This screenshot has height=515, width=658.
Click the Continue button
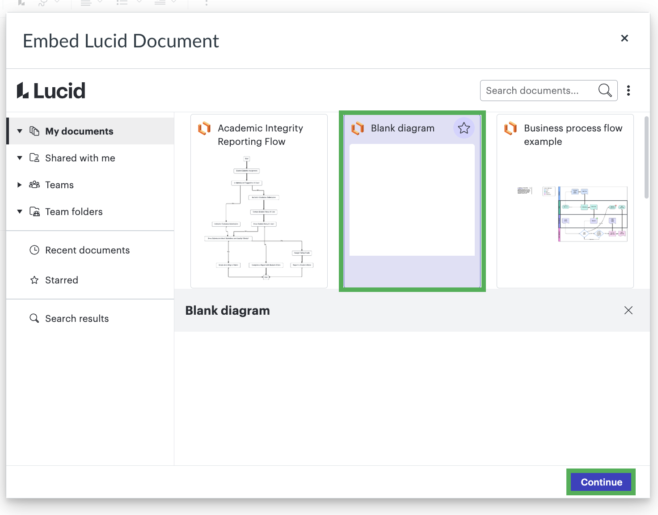601,482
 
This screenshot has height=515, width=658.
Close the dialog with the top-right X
624,38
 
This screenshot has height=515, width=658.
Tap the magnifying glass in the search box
605,91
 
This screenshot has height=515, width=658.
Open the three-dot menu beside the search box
628,91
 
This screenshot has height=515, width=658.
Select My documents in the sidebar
79,131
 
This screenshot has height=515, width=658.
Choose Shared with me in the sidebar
80,158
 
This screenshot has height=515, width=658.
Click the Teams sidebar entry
59,185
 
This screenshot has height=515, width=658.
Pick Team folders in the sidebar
74,212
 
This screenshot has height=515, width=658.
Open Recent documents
87,250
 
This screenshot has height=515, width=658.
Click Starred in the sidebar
62,280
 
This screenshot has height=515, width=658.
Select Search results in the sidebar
77,319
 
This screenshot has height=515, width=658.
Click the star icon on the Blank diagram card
464,128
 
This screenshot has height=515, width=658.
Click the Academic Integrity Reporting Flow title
260,135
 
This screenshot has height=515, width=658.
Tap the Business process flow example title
573,135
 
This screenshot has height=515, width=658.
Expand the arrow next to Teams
19,185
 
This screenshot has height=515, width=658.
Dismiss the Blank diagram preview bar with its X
628,310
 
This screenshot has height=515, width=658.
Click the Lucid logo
51,91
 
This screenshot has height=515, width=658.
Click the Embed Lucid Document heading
121,41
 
